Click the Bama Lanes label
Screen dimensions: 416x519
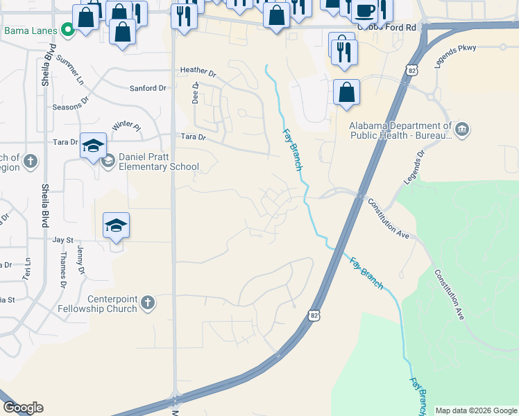coord(30,31)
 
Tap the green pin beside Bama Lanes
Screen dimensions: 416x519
coord(67,30)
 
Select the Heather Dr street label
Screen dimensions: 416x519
coord(198,71)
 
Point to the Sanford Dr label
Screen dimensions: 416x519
coord(148,88)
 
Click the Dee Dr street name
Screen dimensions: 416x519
coord(196,94)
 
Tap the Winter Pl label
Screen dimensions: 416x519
coord(126,126)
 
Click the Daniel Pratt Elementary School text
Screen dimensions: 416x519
coord(159,162)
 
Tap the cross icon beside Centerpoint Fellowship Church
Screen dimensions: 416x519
coord(147,303)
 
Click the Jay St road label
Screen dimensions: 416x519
coord(63,239)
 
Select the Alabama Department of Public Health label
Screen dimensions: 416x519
coord(401,130)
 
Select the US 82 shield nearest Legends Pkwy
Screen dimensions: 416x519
coord(412,71)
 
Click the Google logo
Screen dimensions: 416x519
coord(23,408)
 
